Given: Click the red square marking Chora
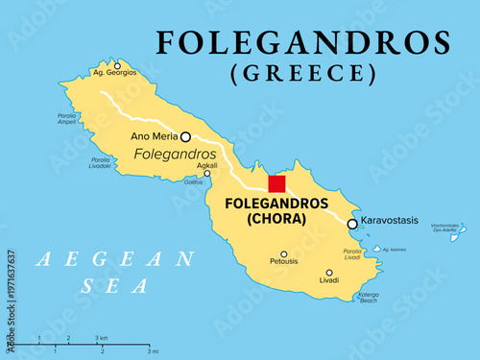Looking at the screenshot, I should pyautogui.click(x=276, y=184).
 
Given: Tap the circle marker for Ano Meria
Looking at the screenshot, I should pyautogui.click(x=185, y=136).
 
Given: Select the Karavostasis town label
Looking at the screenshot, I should pyautogui.click(x=389, y=221).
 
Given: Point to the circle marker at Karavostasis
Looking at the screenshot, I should pyautogui.click(x=352, y=224).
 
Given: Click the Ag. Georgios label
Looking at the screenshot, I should pyautogui.click(x=114, y=72).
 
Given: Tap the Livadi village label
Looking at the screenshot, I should pyautogui.click(x=328, y=281).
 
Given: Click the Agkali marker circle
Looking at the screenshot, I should pyautogui.click(x=206, y=174).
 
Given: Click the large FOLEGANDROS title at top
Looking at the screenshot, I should pyautogui.click(x=303, y=42).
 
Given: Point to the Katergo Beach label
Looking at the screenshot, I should pyautogui.click(x=369, y=298).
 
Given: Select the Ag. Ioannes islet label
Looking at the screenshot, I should pyautogui.click(x=395, y=250).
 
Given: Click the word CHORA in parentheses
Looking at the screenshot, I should pyautogui.click(x=275, y=219).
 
